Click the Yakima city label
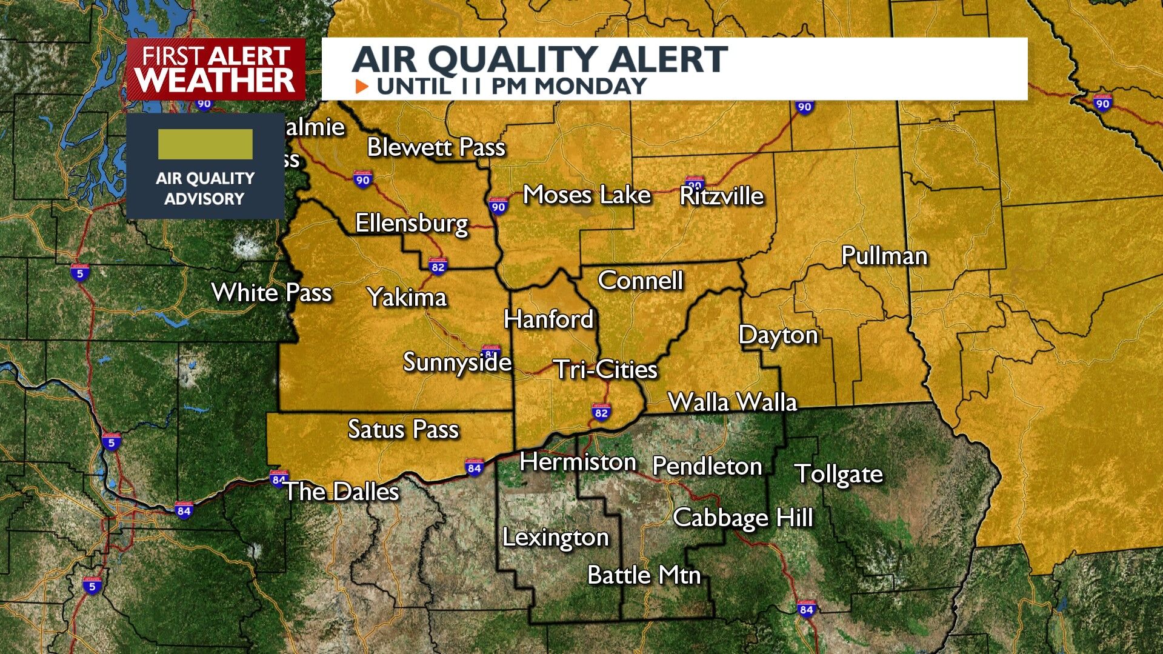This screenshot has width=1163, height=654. [x=407, y=298]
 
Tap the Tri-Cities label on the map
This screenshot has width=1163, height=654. [x=605, y=369]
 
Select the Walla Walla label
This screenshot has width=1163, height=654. [x=732, y=402]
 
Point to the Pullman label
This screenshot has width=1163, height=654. [x=884, y=256]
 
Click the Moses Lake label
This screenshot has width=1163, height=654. [x=587, y=195]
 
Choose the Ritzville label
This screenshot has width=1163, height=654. [x=721, y=196]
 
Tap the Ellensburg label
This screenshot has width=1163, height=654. [x=412, y=223]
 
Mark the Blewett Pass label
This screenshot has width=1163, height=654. [x=436, y=147]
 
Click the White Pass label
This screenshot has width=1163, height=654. [x=272, y=293]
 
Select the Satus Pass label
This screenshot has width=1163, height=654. [x=403, y=429]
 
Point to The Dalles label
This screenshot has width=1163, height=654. [x=341, y=491]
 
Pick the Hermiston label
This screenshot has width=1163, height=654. [x=578, y=462]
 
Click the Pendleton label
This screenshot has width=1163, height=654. [x=707, y=466]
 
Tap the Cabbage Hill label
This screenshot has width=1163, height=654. [x=742, y=518]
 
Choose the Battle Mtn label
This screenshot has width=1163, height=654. [x=644, y=575]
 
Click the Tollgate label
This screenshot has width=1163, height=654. [x=839, y=474]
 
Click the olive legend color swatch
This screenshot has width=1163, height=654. [x=205, y=144]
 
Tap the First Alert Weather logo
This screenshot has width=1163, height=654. [x=216, y=69]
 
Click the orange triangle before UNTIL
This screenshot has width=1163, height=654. [x=362, y=86]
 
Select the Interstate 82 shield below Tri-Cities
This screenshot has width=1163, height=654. [x=601, y=413]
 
